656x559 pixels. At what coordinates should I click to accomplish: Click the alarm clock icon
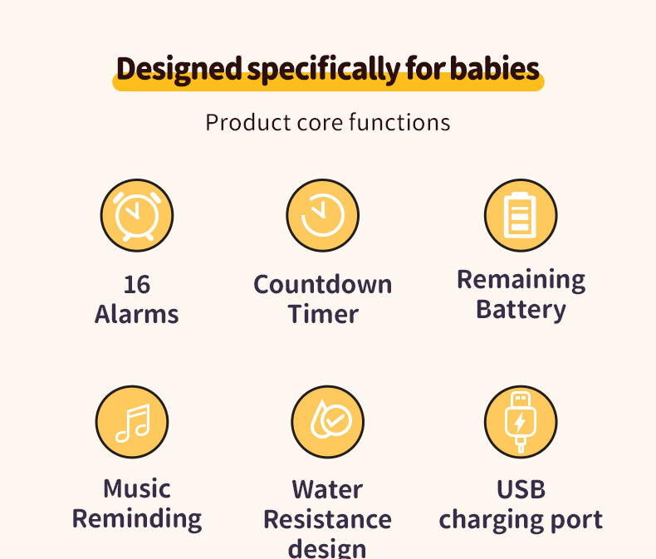(x=137, y=215)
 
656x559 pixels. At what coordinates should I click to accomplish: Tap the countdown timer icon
(x=323, y=215)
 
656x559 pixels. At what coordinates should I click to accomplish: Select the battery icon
(x=521, y=215)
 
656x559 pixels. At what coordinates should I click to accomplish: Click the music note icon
(x=132, y=422)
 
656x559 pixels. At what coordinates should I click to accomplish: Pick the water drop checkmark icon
(x=328, y=422)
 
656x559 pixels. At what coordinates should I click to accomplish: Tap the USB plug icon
(x=521, y=422)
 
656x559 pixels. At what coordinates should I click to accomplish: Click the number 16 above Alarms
(x=137, y=285)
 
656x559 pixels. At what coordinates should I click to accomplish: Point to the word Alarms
(x=137, y=314)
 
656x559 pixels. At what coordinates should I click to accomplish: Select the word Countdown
(x=323, y=285)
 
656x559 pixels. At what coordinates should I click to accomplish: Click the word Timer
(x=323, y=314)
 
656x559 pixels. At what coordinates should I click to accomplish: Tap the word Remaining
(x=521, y=280)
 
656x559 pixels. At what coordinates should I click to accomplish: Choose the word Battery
(x=521, y=310)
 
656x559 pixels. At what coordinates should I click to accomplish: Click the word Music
(x=137, y=488)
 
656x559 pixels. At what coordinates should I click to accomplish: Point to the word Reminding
(x=137, y=518)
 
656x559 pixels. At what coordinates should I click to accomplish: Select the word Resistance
(x=327, y=520)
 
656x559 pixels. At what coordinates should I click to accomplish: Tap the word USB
(x=521, y=489)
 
